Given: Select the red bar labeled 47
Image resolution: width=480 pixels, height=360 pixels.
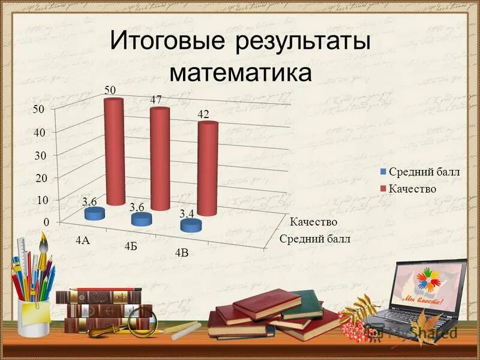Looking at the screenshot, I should pyautogui.click(x=160, y=159).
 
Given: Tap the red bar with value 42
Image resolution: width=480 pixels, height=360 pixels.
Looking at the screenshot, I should pyautogui.click(x=207, y=168).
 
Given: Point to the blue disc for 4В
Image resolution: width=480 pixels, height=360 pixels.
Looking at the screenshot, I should pyautogui.click(x=191, y=226).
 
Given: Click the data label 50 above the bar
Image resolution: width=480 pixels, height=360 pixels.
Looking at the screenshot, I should pyautogui.click(x=110, y=90).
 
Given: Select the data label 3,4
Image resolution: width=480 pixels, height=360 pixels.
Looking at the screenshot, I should pyautogui.click(x=187, y=214).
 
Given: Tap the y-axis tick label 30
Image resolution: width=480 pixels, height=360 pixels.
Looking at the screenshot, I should pyautogui.click(x=40, y=155).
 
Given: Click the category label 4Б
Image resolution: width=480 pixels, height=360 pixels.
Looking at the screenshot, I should pyautogui.click(x=131, y=246).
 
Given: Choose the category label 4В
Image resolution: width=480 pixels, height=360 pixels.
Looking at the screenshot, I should pyautogui.click(x=182, y=253).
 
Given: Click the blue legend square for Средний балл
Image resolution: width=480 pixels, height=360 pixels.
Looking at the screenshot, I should pyautogui.click(x=383, y=172).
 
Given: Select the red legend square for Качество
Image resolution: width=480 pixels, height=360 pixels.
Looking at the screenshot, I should pyautogui.click(x=383, y=189).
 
